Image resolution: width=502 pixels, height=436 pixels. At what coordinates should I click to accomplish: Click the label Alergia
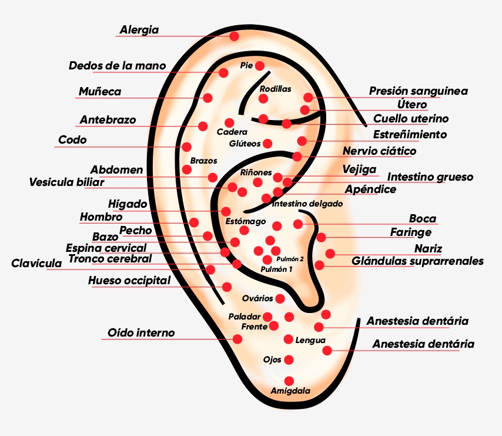tap(139, 29)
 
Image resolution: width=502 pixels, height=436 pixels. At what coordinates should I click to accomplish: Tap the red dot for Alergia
tap(234, 36)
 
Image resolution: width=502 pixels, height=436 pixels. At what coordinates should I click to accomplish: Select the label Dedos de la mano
tap(118, 65)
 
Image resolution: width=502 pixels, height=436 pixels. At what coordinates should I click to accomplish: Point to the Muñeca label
tap(100, 91)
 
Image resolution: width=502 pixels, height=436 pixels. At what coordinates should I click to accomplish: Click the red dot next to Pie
tap(260, 65)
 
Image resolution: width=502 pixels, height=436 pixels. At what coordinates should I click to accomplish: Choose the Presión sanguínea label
tap(418, 91)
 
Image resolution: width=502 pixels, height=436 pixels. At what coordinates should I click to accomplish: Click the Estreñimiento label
tap(410, 134)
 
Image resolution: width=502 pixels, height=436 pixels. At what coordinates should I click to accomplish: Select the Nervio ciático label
tap(379, 151)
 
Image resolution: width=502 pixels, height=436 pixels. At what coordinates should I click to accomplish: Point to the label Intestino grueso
tap(430, 177)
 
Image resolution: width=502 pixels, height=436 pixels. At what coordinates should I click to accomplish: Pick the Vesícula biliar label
tap(66, 182)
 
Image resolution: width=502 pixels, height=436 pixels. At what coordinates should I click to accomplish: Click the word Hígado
tap(128, 204)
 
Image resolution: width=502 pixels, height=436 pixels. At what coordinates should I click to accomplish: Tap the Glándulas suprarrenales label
tap(417, 261)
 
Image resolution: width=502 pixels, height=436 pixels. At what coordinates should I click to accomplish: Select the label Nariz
tap(428, 248)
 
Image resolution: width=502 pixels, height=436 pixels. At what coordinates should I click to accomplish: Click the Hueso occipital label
tap(129, 280)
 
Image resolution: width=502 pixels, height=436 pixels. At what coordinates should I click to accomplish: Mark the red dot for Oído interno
tap(237, 339)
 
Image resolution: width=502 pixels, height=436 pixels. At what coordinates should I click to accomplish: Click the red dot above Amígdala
tap(289, 381)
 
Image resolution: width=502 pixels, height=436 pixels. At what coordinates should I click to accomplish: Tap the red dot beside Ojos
tap(289, 360)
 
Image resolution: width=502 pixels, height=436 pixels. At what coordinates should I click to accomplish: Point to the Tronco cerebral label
tap(110, 258)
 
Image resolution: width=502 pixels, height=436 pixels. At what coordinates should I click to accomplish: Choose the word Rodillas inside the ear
tap(275, 89)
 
